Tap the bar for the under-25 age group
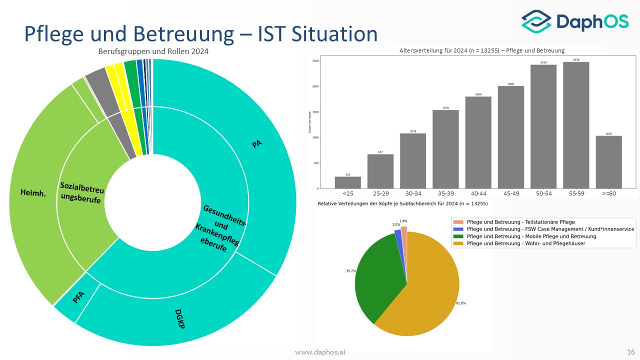point(347,182)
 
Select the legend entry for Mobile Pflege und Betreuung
point(531,236)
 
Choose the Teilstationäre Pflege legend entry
point(520,221)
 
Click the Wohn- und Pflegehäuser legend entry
point(525,243)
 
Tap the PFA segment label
point(78,298)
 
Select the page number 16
point(630,352)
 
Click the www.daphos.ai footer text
point(320,352)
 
